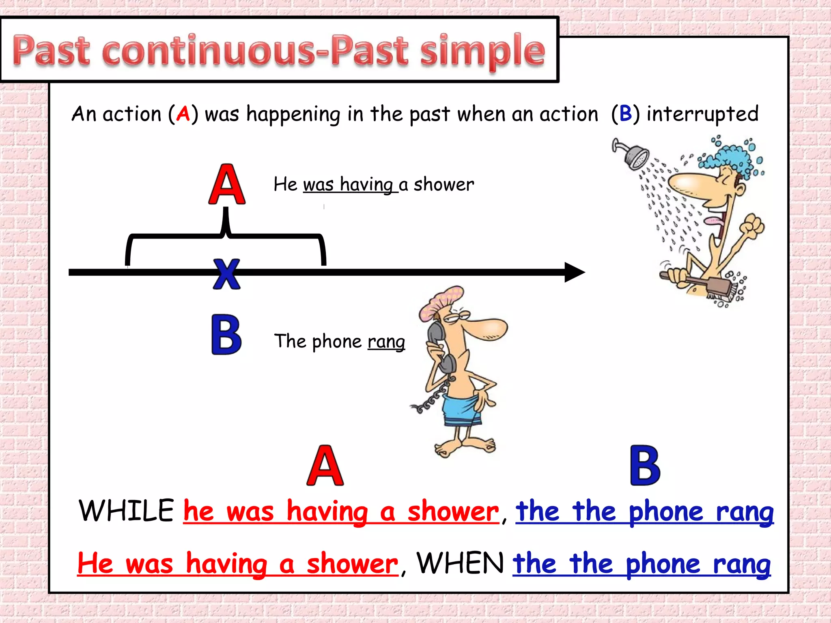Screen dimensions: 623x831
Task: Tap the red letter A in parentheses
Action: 183,114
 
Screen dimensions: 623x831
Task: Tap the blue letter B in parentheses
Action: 625,114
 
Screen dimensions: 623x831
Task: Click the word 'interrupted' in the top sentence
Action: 702,114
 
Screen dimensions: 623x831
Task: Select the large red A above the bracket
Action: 227,185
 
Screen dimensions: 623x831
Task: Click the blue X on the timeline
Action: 226,275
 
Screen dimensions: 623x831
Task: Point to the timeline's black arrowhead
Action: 574,272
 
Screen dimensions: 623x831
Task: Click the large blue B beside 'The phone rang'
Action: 226,335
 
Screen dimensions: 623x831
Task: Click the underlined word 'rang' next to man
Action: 386,342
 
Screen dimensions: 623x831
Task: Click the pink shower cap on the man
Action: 440,302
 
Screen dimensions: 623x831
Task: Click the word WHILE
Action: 126,511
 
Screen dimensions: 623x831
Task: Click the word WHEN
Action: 460,563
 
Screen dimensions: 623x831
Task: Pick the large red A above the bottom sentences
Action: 325,466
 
